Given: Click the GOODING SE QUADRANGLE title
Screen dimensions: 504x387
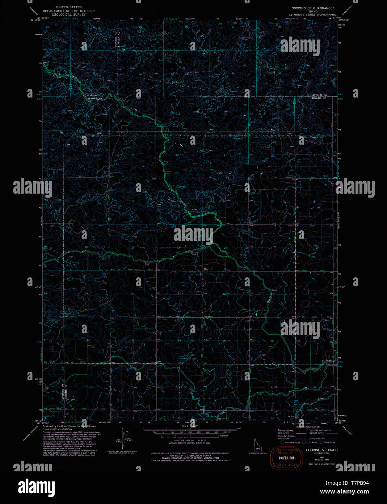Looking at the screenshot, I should [x=313, y=8].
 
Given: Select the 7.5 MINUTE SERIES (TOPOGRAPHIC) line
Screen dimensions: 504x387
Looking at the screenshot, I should [x=310, y=15].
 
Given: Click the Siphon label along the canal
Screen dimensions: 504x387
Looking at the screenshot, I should [x=274, y=290].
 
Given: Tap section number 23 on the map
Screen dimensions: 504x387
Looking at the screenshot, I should [x=225, y=248].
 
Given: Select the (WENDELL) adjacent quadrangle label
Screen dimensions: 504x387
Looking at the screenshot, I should [x=42, y=220].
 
